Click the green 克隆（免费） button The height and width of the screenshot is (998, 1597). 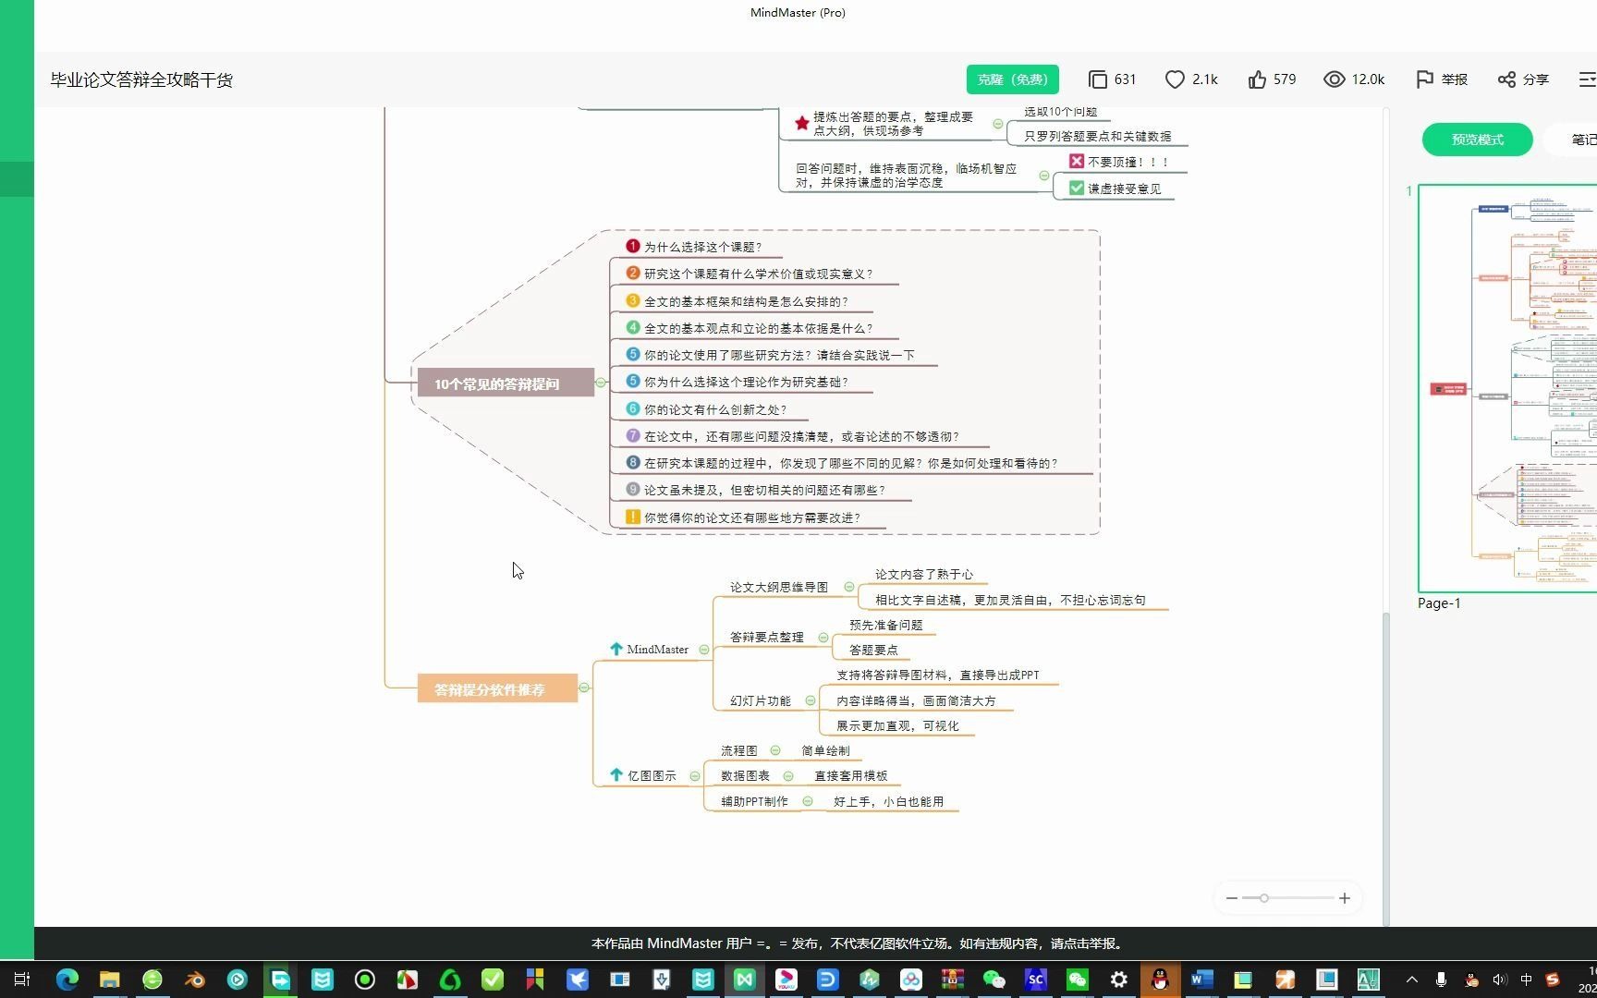pyautogui.click(x=1012, y=79)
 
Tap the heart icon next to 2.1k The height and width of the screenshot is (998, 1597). pyautogui.click(x=1175, y=79)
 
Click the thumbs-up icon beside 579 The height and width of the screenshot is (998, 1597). pyautogui.click(x=1257, y=79)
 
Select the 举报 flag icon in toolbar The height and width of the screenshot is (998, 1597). pyautogui.click(x=1424, y=79)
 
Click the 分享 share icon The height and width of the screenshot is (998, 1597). pyautogui.click(x=1506, y=79)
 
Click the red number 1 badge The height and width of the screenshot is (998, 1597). pyautogui.click(x=632, y=246)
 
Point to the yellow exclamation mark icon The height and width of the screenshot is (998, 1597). pyautogui.click(x=632, y=517)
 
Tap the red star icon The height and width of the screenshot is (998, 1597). pyautogui.click(x=801, y=123)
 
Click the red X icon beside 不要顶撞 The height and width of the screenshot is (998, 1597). pyautogui.click(x=1076, y=162)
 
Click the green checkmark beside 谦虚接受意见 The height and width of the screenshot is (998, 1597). pyautogui.click(x=1076, y=189)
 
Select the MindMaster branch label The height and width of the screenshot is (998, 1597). pyautogui.click(x=657, y=650)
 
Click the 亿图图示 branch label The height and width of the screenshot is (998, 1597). pyautogui.click(x=652, y=775)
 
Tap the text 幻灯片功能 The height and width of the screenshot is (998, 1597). pyautogui.click(x=760, y=700)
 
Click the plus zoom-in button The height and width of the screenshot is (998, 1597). pyautogui.click(x=1344, y=898)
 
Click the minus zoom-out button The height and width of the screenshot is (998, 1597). pyautogui.click(x=1232, y=898)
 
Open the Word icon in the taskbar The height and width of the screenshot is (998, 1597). pyautogui.click(x=1201, y=980)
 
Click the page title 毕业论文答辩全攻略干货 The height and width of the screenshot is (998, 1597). pyautogui.click(x=141, y=80)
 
